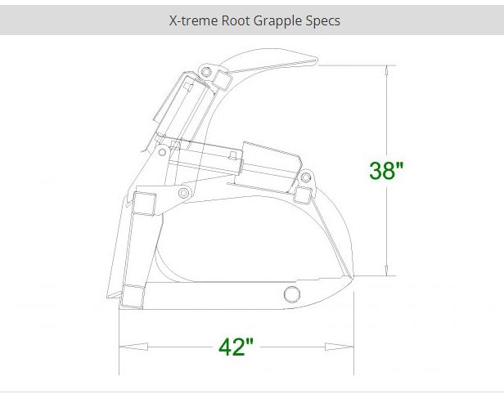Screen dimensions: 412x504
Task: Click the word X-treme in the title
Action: coord(190,20)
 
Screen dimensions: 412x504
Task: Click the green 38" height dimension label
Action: coord(386,171)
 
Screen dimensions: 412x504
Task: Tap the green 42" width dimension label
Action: coord(236,347)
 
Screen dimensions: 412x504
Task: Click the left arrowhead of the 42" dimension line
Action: coord(123,347)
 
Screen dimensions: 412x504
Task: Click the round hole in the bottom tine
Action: coord(290,295)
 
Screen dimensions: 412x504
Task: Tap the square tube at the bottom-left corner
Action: coord(130,297)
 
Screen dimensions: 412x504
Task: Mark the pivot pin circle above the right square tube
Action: coord(308,177)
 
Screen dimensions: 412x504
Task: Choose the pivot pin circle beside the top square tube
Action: coord(205,74)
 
